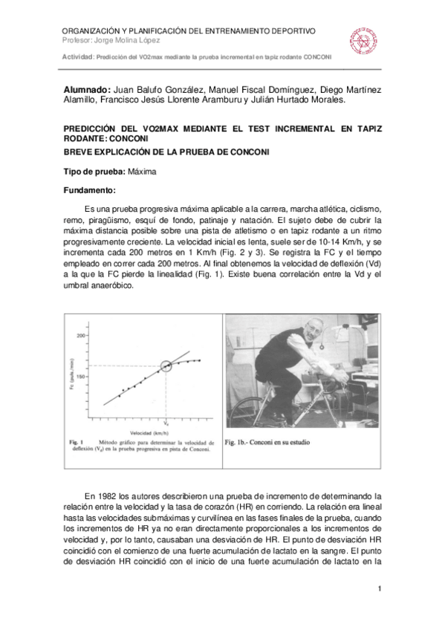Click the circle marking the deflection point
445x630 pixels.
pyautogui.click(x=166, y=365)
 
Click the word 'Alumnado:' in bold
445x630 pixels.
pyautogui.click(x=88, y=88)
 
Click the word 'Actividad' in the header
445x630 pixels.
pyautogui.click(x=78, y=57)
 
